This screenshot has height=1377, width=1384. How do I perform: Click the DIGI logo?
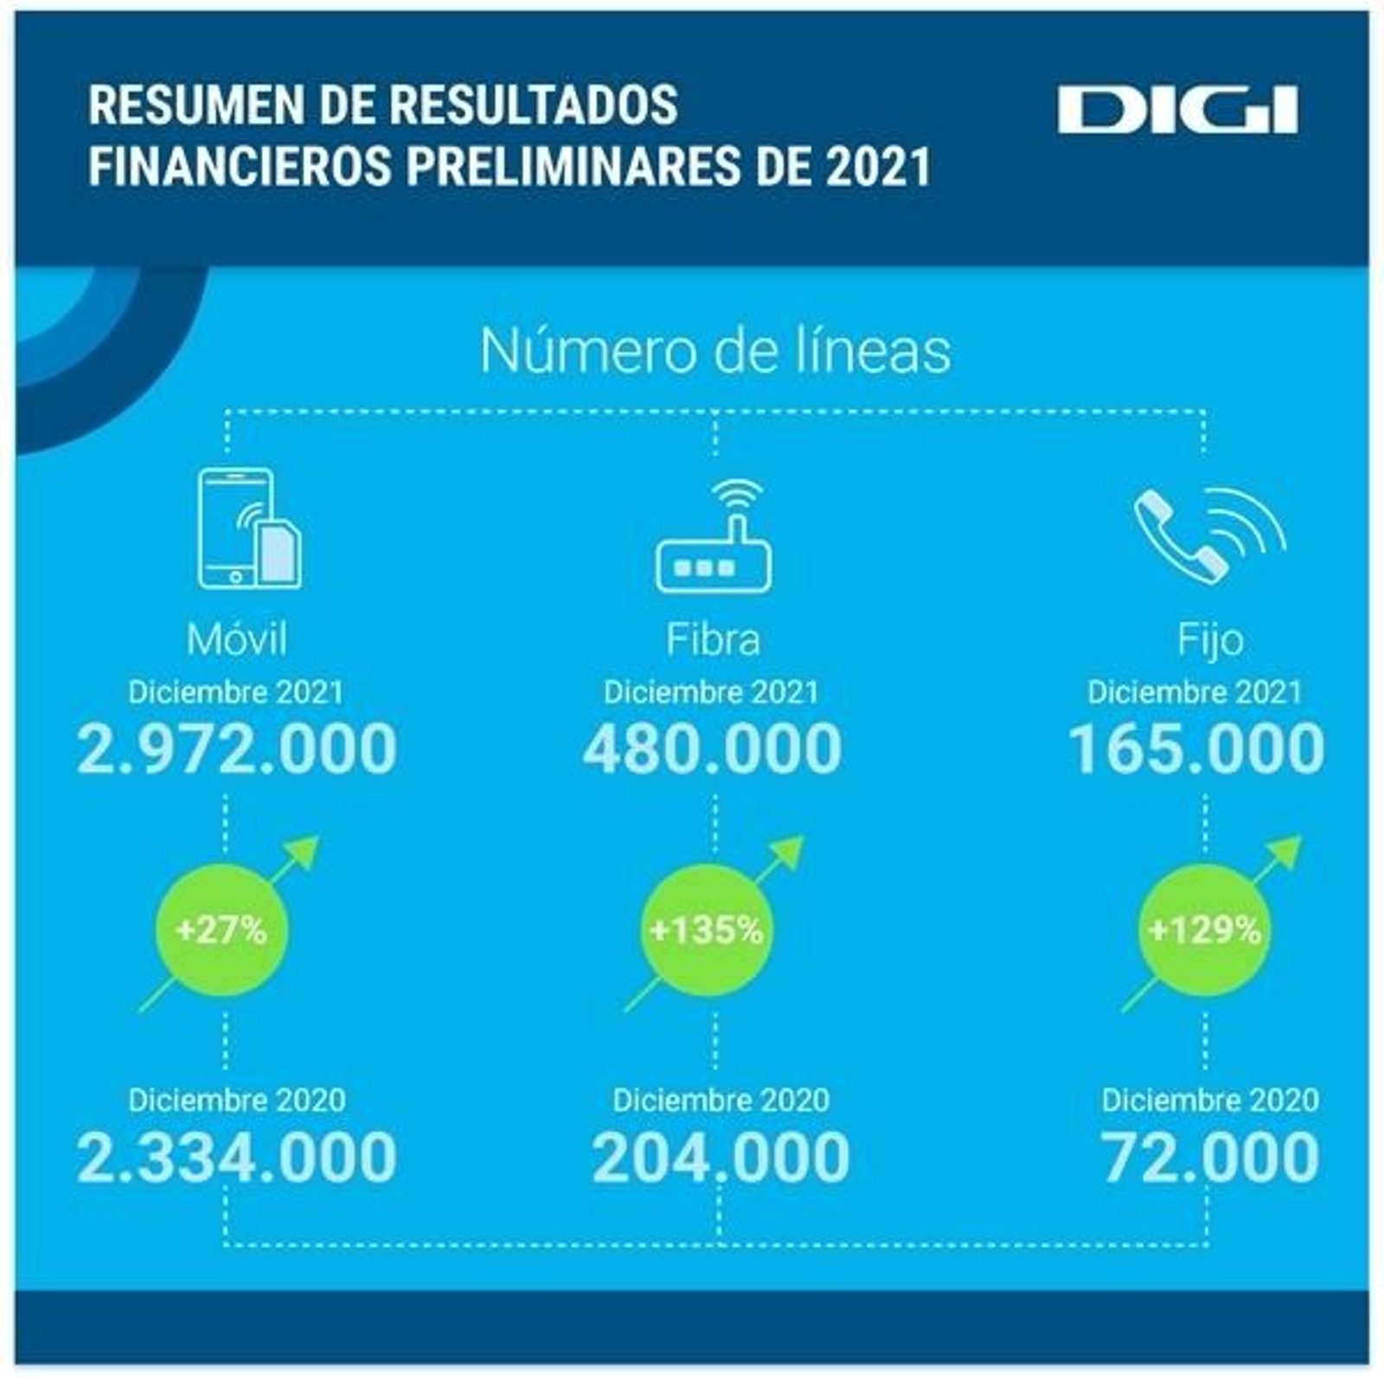[1177, 110]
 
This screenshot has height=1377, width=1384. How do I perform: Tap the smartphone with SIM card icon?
[247, 529]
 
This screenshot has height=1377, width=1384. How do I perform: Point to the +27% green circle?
[221, 930]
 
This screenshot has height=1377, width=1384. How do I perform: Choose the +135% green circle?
[707, 930]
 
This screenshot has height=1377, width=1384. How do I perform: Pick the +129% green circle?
[1204, 930]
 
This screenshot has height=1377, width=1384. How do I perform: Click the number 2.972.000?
[236, 749]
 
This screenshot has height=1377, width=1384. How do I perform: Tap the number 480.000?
[712, 749]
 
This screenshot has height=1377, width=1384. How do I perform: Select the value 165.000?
[1196, 749]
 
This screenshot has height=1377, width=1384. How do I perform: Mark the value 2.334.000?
[236, 1157]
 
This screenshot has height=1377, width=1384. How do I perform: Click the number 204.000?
[721, 1157]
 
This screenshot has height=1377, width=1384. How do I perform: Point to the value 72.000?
[1210, 1157]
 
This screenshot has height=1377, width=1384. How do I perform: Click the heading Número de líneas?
[715, 350]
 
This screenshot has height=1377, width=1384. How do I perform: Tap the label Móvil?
[236, 640]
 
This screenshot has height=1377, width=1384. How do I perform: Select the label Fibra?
[713, 640]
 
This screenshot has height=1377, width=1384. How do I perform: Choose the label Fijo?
[1210, 640]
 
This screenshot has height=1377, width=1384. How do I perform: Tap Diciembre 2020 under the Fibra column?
[721, 1099]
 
